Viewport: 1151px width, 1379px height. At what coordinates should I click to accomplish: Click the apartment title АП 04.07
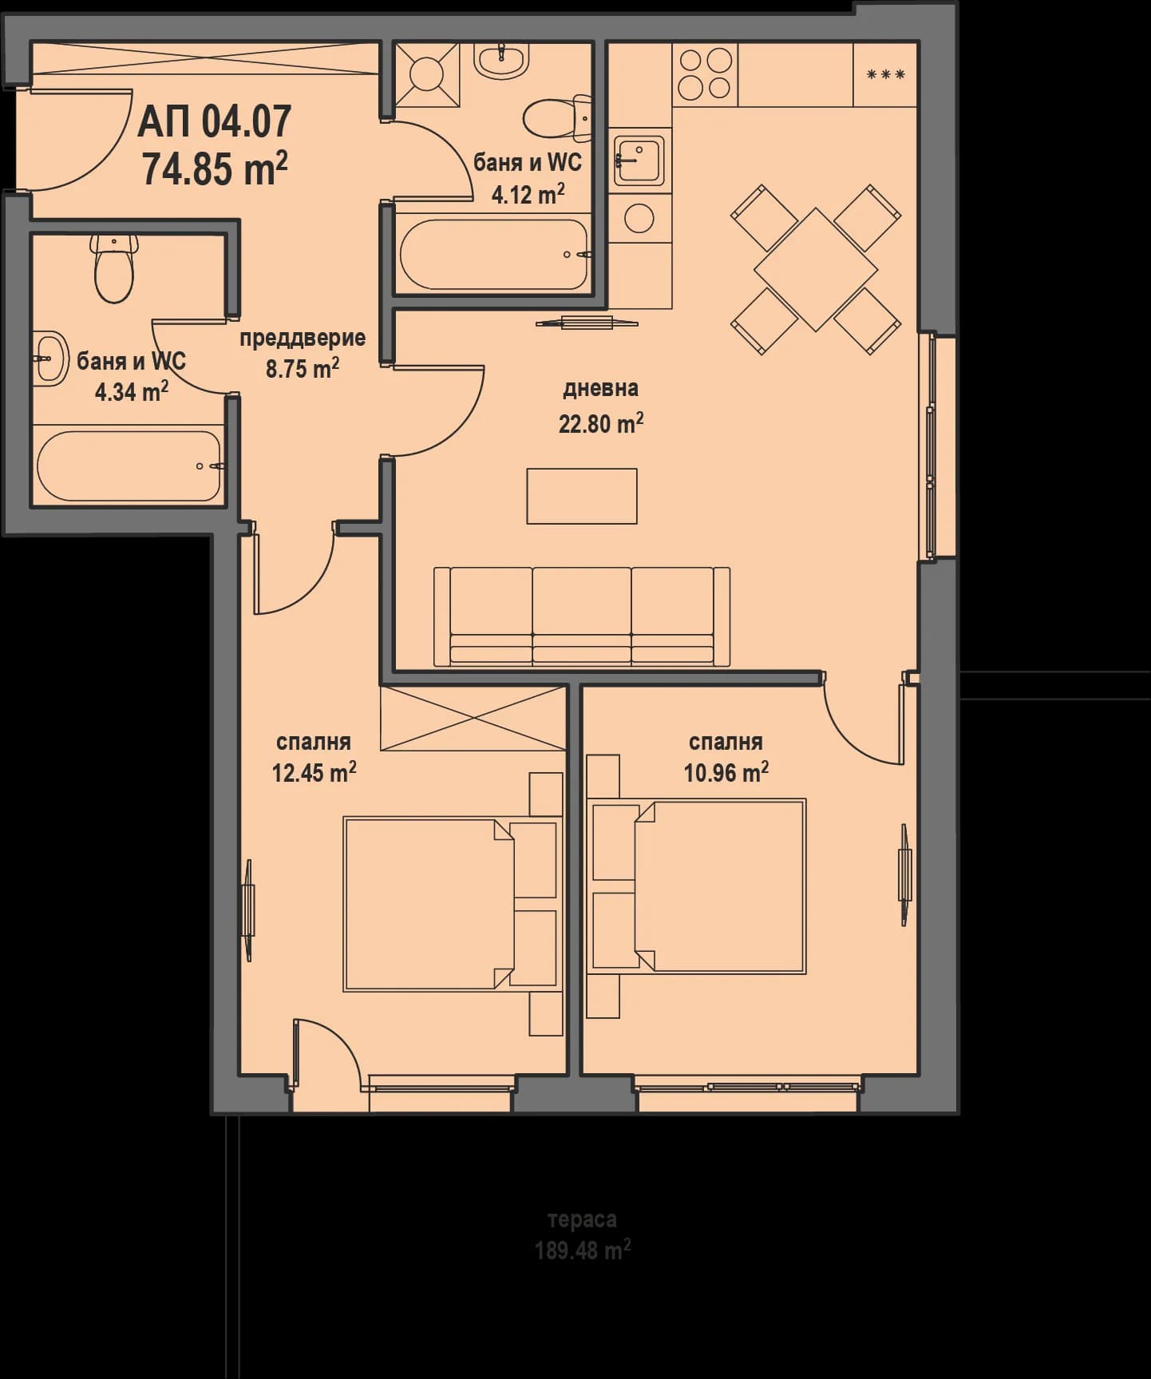215,122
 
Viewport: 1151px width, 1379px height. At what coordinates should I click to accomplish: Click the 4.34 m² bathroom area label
131,391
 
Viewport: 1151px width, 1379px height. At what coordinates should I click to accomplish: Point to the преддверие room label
303,338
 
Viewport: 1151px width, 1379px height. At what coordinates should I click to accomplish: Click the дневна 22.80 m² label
600,406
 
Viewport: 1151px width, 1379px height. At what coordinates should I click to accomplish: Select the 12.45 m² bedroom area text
314,772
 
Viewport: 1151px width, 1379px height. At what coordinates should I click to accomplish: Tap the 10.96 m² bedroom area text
726,772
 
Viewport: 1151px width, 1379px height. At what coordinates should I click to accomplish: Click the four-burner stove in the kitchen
706,74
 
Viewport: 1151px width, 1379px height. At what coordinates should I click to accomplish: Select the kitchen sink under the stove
639,160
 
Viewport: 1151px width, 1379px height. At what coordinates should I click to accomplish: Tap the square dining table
816,269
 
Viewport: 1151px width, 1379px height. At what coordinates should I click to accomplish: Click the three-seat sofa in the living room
582,616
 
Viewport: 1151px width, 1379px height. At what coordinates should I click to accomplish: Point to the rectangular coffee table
582,496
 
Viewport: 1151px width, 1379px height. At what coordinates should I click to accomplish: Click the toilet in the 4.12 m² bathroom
558,117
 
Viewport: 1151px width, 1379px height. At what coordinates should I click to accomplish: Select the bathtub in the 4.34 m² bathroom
129,466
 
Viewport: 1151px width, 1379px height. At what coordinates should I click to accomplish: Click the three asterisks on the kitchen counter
885,75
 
